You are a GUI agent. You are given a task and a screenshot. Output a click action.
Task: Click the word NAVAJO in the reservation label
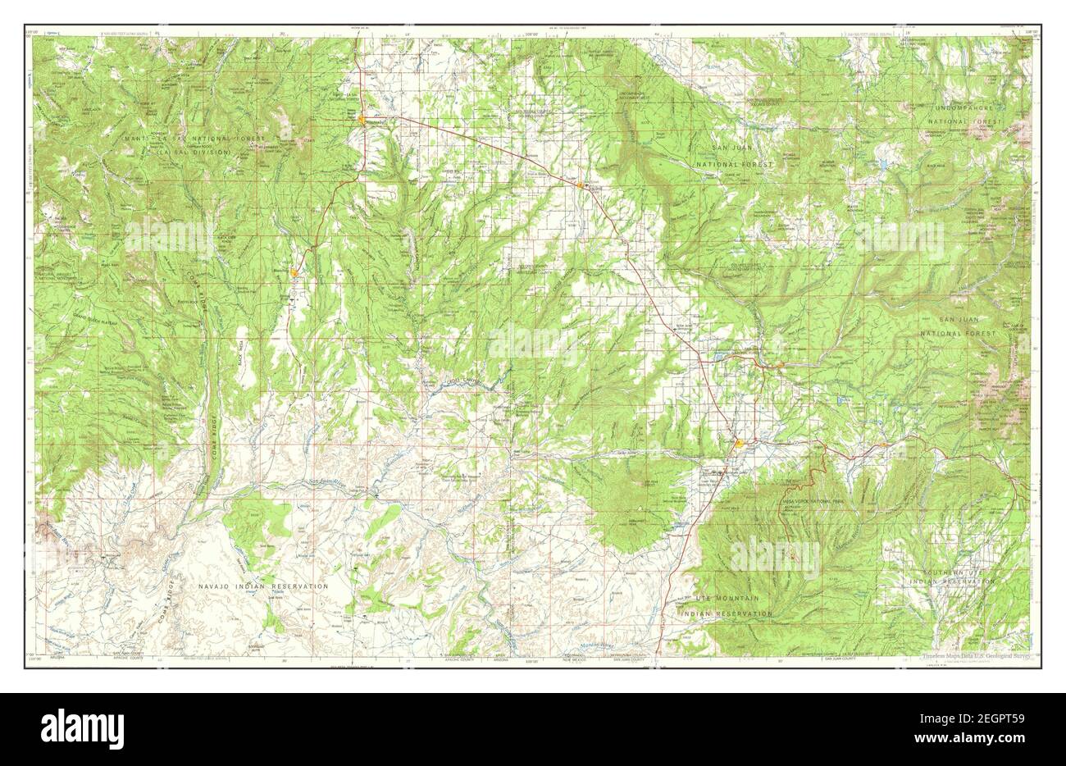(216, 587)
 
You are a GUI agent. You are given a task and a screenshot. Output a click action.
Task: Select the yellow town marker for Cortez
(740, 445)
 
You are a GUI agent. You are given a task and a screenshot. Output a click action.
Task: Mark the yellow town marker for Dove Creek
(581, 185)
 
